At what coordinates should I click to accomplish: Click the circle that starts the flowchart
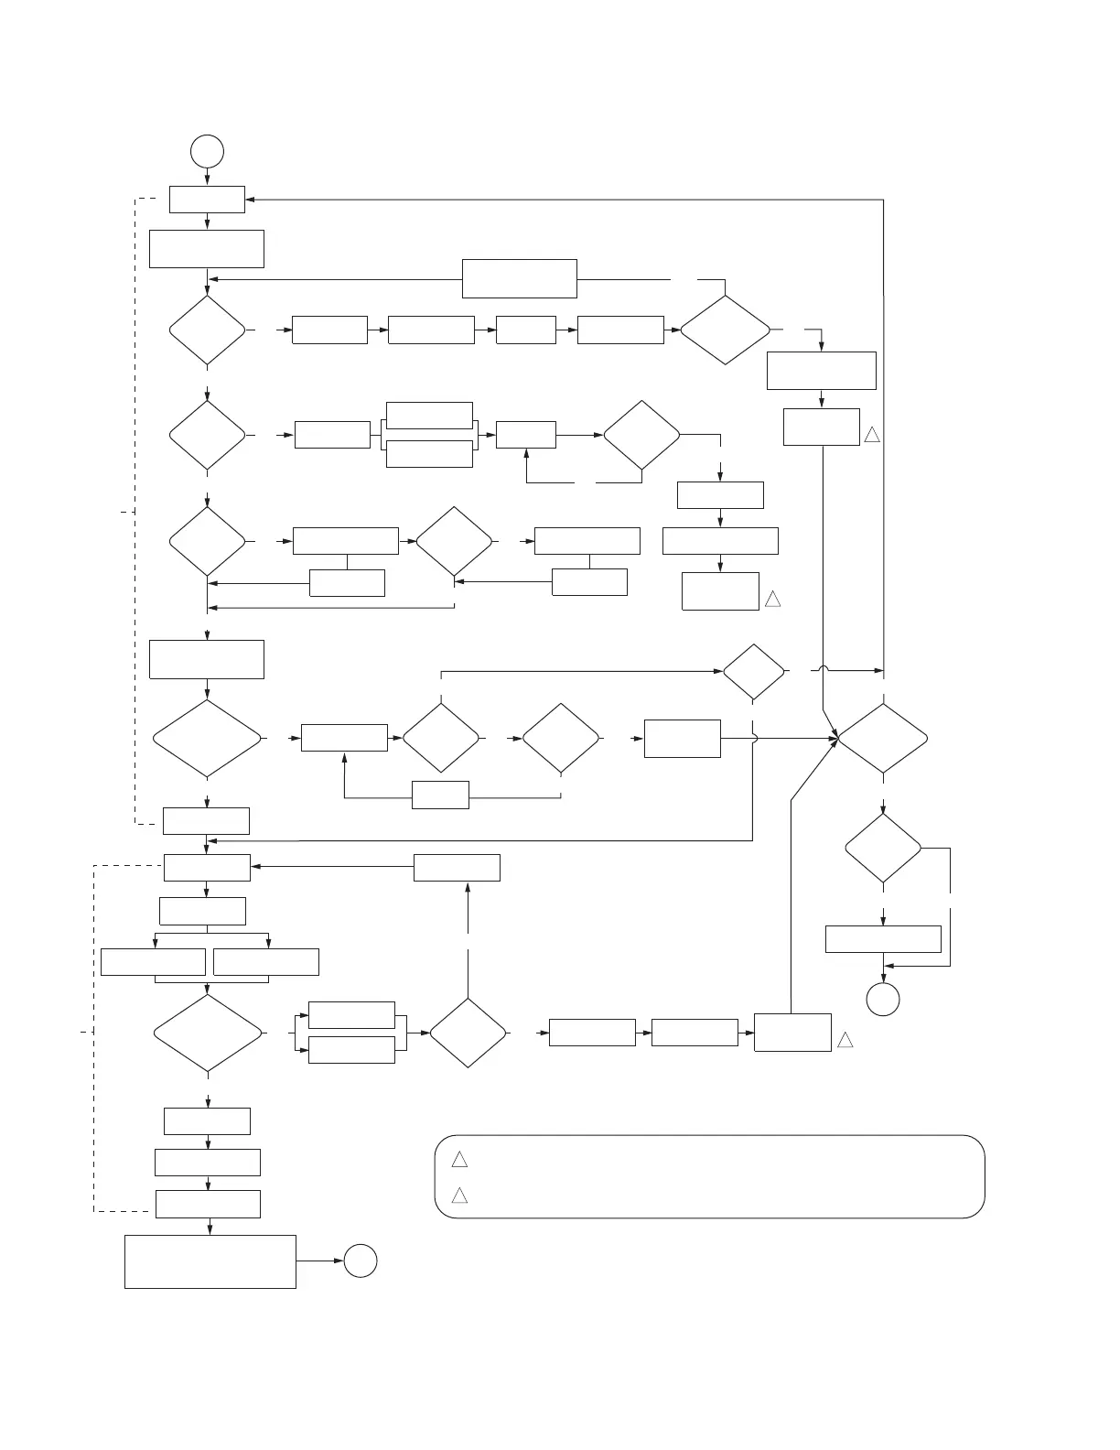tap(208, 151)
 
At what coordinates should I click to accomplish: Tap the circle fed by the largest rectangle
tap(361, 1261)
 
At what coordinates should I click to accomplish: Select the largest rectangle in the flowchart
tap(210, 1261)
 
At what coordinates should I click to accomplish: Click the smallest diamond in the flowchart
tap(753, 672)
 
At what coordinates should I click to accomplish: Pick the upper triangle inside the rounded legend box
tap(459, 1160)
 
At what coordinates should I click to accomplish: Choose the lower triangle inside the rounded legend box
tap(459, 1196)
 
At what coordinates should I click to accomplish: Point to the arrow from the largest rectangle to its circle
tap(320, 1261)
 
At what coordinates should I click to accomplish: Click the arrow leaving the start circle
tap(208, 177)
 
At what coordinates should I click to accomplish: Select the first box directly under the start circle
tap(207, 200)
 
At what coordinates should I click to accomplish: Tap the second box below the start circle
tap(207, 249)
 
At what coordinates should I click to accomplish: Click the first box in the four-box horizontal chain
tap(329, 330)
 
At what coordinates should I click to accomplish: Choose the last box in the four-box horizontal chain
tap(621, 330)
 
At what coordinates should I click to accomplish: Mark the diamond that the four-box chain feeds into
tap(725, 330)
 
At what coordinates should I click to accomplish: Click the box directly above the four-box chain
tap(519, 278)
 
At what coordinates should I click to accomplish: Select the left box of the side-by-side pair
tap(153, 962)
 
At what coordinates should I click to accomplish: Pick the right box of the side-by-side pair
tap(266, 962)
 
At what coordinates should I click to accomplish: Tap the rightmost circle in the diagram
tap(883, 999)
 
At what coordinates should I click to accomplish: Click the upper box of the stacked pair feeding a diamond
tap(351, 1015)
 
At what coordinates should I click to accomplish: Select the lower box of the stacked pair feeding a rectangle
tap(429, 454)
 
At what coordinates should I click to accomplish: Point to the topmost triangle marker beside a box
tap(871, 435)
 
